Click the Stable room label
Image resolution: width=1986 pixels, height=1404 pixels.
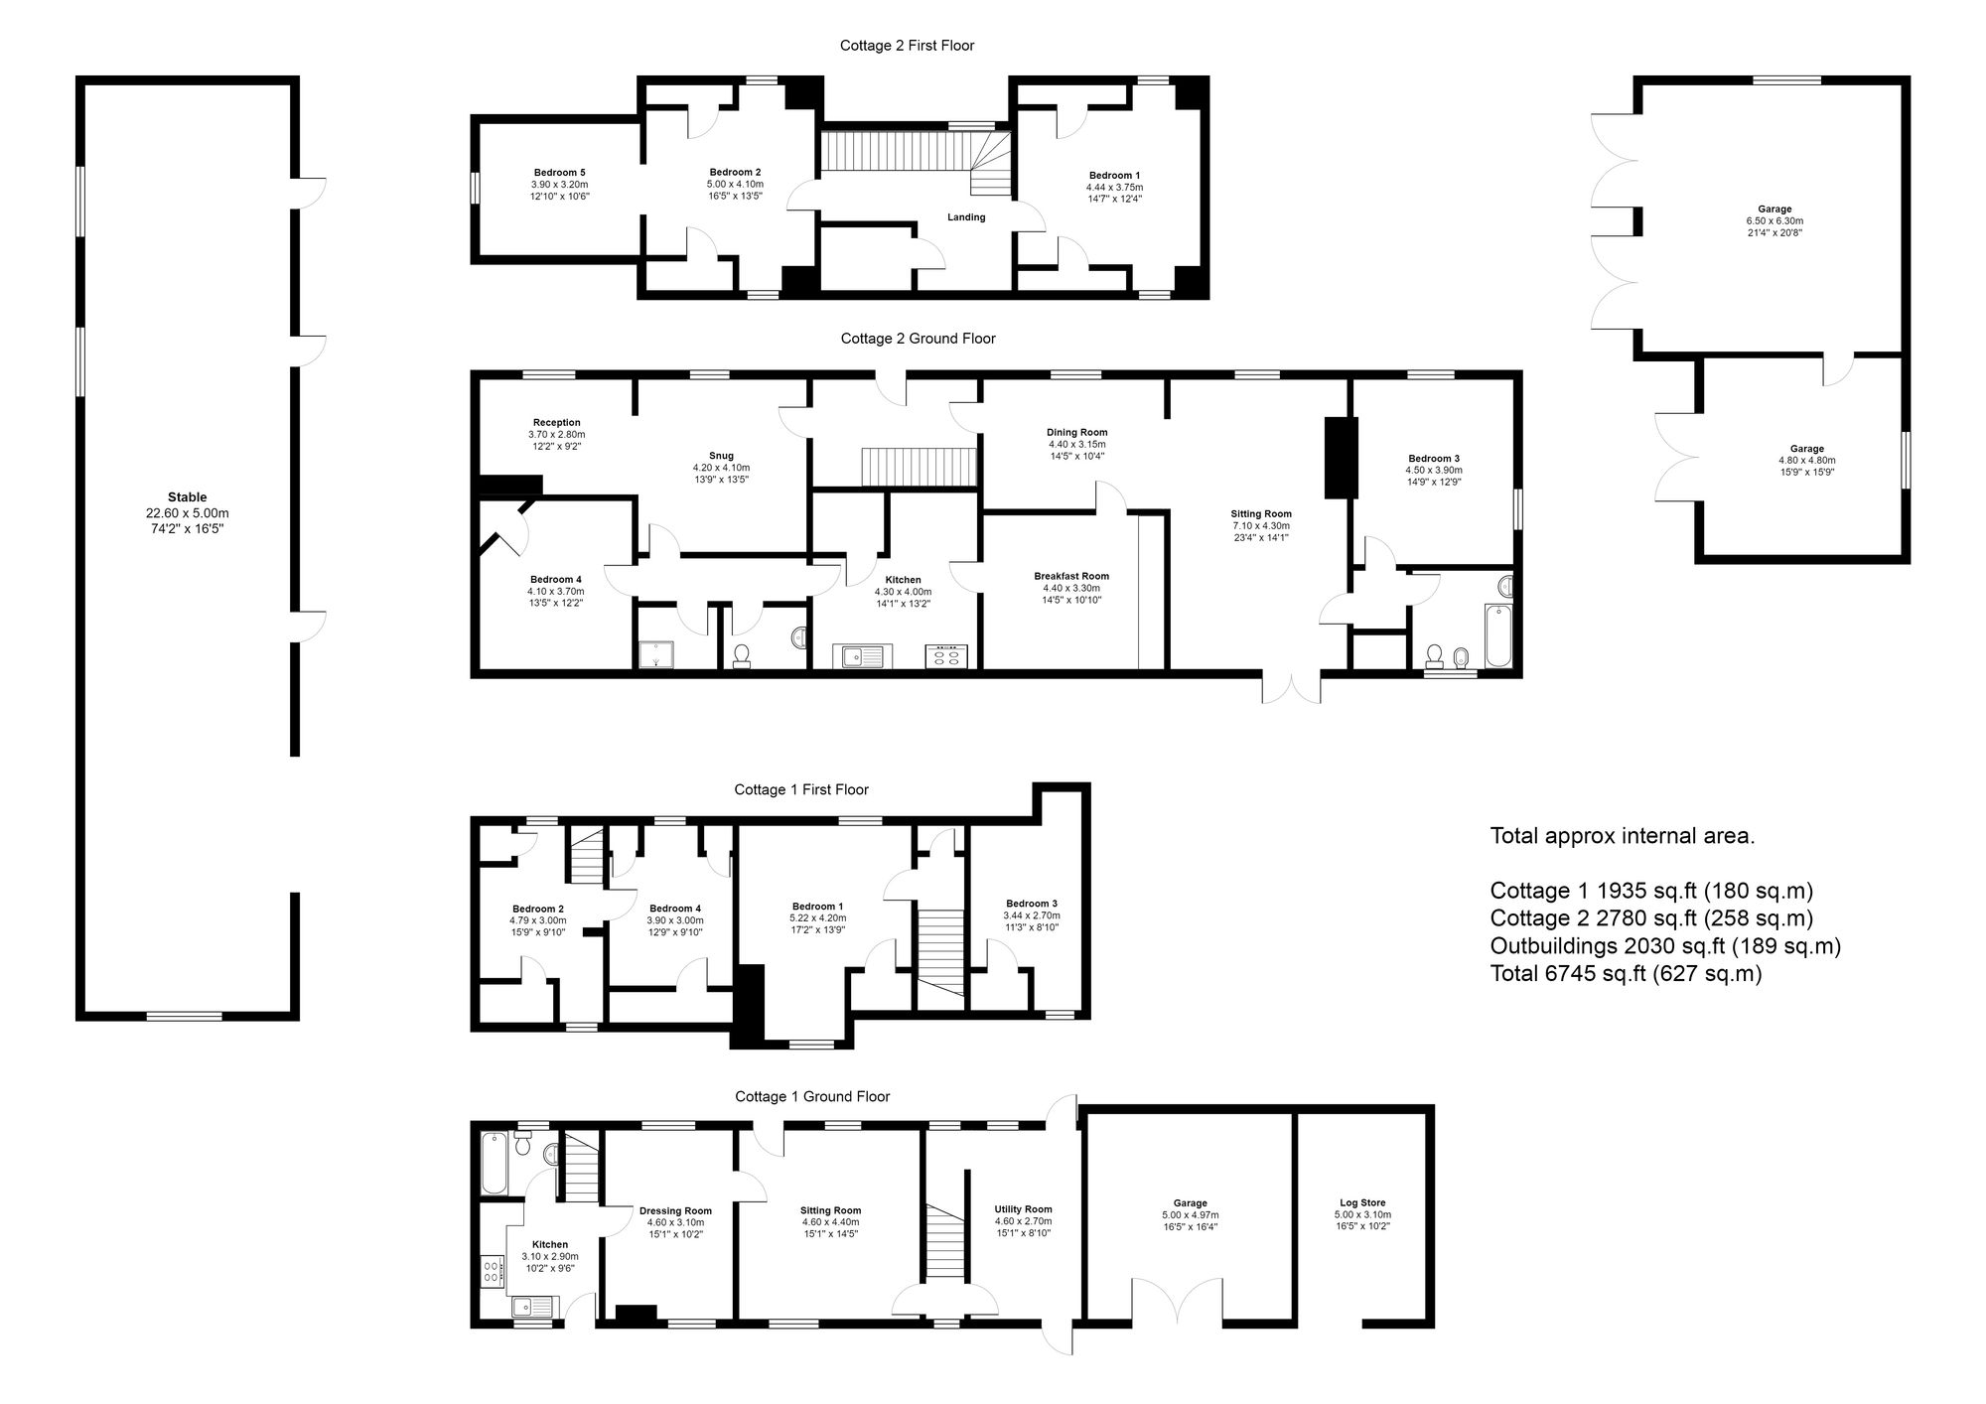pos(187,497)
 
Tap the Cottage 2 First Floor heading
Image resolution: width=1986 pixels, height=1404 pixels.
pos(907,46)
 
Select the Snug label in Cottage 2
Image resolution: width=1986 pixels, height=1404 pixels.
pos(721,456)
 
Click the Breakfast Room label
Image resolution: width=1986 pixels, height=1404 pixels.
pos(1071,576)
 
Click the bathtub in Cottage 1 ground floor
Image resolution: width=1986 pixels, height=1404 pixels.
pos(494,1164)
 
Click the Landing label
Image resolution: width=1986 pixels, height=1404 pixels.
pos(966,217)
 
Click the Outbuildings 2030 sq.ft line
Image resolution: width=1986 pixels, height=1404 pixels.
pos(1665,945)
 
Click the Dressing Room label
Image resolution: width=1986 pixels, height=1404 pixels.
pos(675,1210)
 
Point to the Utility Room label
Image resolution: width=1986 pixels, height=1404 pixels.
pos(1023,1209)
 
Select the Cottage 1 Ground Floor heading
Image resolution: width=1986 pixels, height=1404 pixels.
pos(812,1097)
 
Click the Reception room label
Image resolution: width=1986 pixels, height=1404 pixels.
pos(556,422)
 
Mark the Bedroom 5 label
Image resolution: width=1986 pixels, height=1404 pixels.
pos(560,173)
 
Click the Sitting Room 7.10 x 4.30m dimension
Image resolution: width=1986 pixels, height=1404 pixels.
pos(1261,526)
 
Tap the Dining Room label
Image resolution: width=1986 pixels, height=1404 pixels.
pos(1076,432)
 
